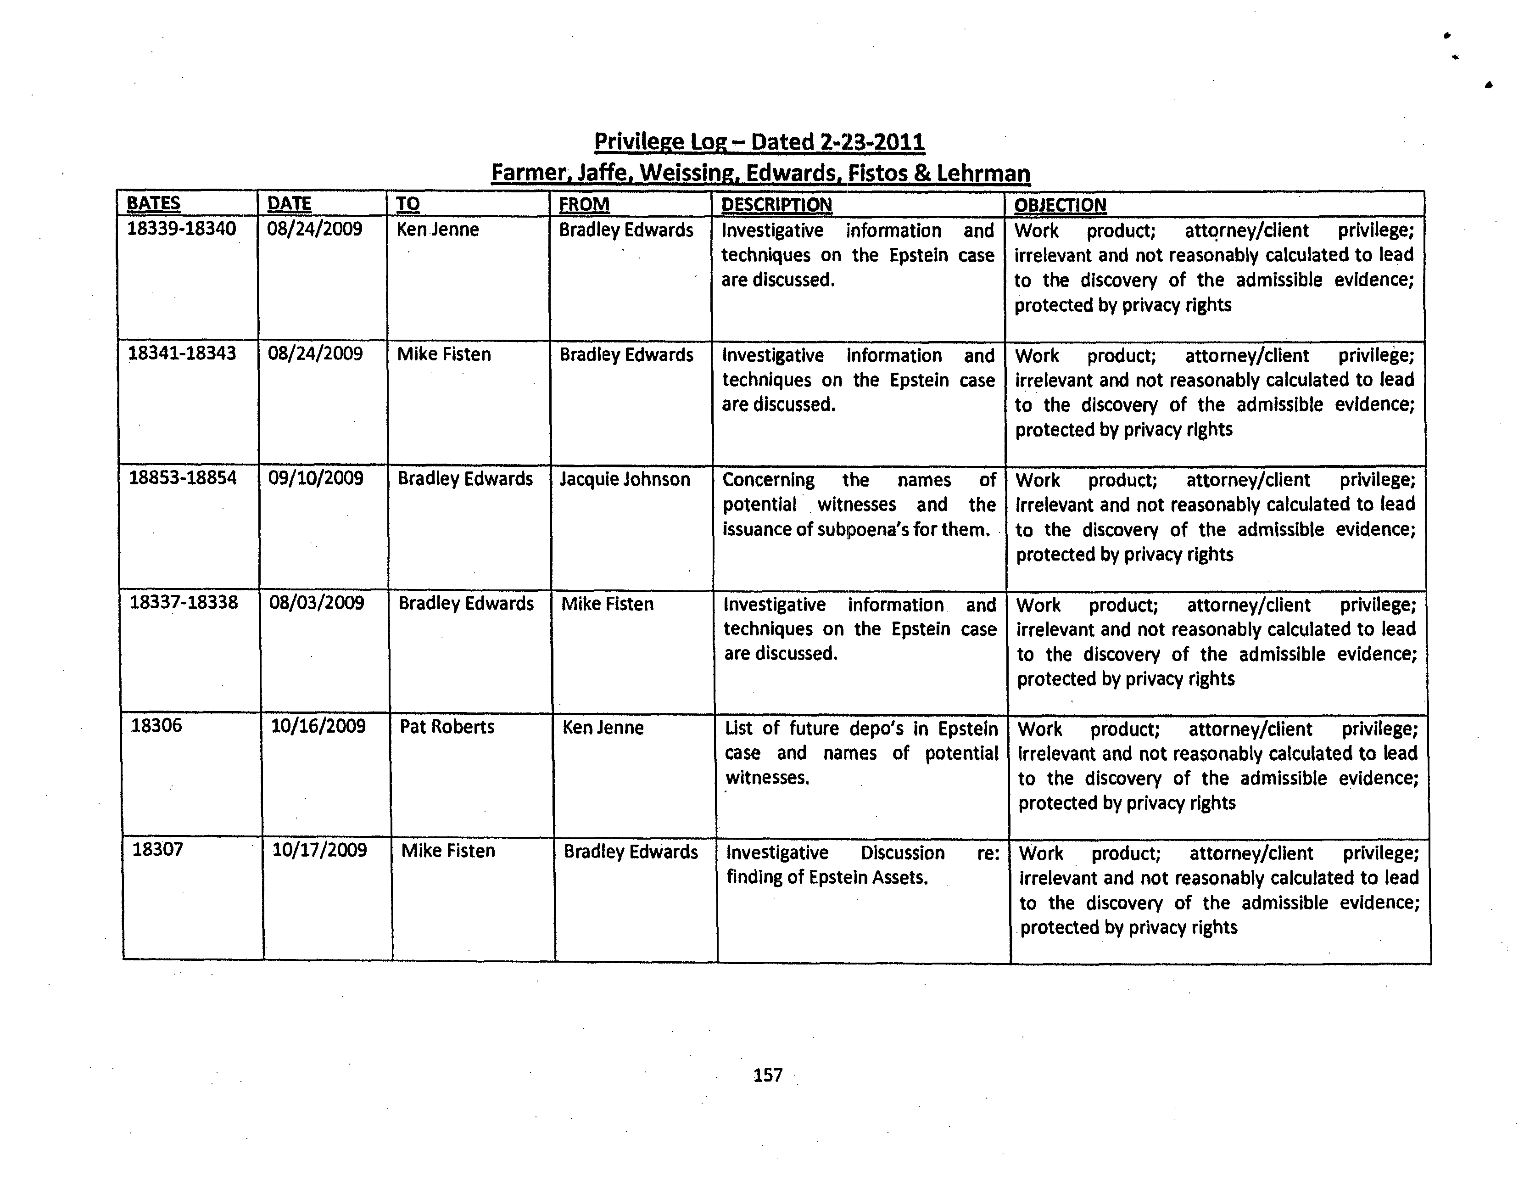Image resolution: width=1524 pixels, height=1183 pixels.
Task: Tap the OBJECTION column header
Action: pyautogui.click(x=1060, y=205)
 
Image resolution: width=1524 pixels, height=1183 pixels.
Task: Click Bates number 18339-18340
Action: pyautogui.click(x=181, y=229)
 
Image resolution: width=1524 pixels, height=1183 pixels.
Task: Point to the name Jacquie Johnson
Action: pyautogui.click(x=625, y=479)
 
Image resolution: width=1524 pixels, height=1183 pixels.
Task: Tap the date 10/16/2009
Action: pyautogui.click(x=318, y=727)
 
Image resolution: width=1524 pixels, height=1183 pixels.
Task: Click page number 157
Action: pyautogui.click(x=768, y=1076)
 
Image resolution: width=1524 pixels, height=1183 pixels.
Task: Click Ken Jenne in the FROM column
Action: pyautogui.click(x=603, y=728)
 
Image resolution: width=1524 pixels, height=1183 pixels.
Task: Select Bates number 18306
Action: pyautogui.click(x=156, y=726)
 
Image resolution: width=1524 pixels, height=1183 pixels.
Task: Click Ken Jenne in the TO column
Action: pyautogui.click(x=437, y=230)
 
